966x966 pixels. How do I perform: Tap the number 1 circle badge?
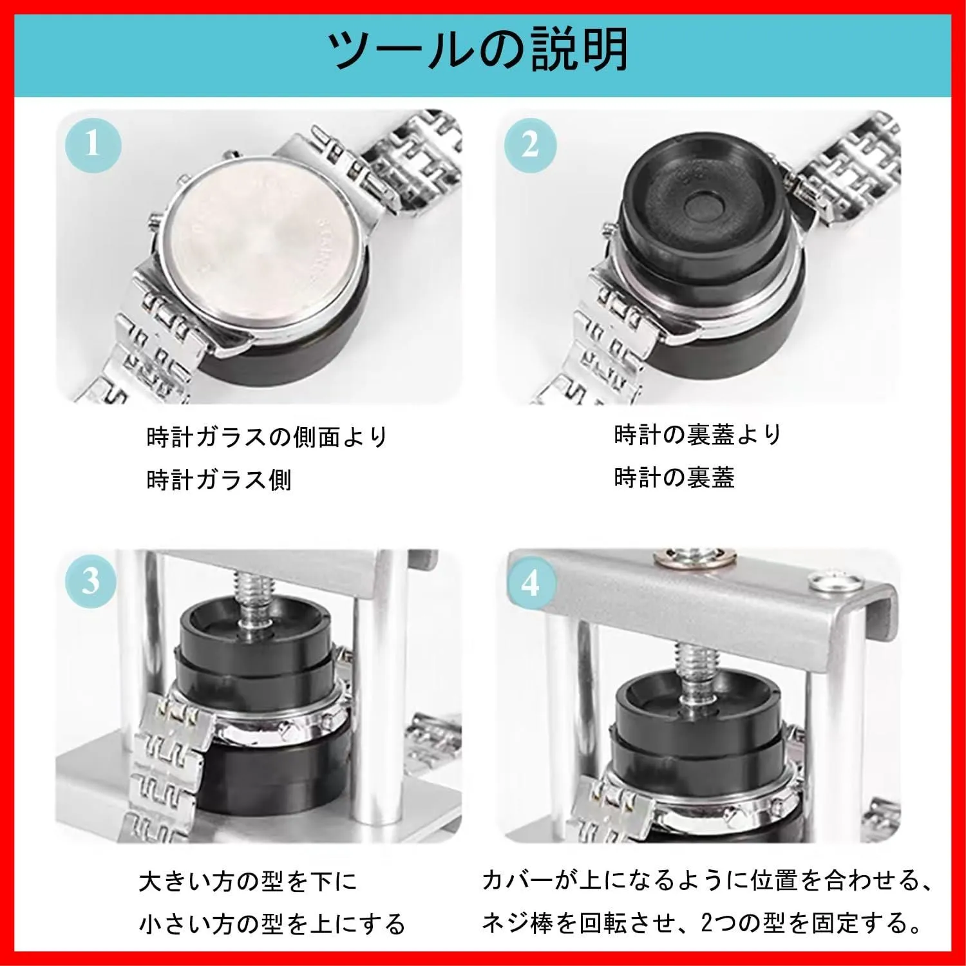[x=93, y=144]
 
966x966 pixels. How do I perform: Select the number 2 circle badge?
[x=529, y=144]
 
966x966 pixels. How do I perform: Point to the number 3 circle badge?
[x=91, y=582]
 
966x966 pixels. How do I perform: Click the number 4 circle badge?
[x=529, y=584]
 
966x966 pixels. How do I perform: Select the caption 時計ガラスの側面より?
[x=267, y=437]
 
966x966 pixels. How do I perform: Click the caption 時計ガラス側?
[x=219, y=480]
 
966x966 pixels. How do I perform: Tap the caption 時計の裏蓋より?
[x=697, y=435]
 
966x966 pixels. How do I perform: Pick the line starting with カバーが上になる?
[x=706, y=880]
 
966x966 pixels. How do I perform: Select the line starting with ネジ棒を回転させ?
[x=702, y=923]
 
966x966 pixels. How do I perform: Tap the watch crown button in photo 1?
[x=155, y=223]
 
